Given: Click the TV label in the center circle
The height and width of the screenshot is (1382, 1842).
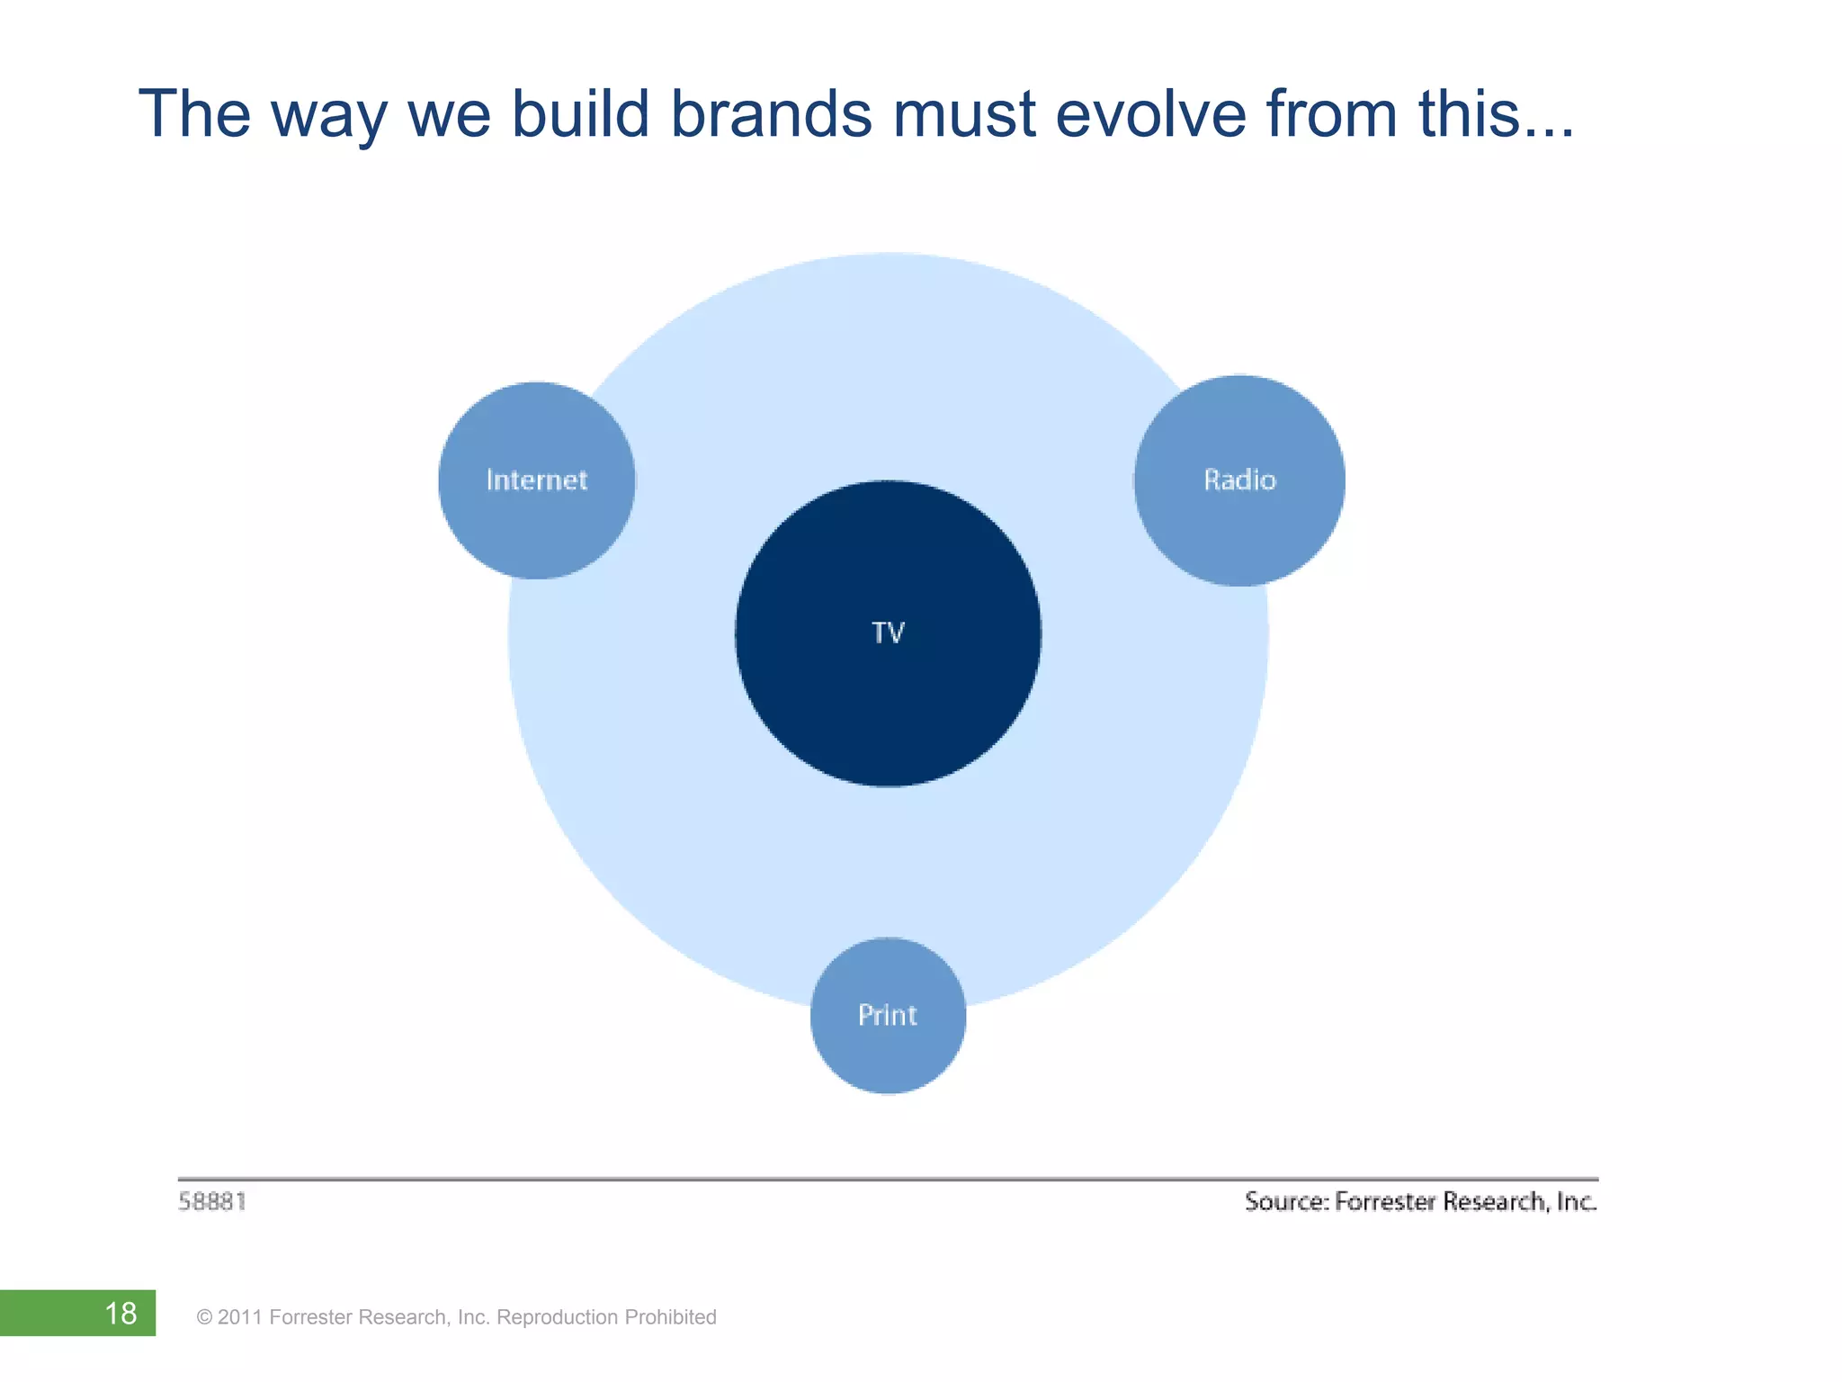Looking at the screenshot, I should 888,633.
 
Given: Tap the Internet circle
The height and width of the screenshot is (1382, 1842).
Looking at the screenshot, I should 537,480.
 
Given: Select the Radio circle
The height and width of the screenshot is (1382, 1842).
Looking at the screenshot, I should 1239,480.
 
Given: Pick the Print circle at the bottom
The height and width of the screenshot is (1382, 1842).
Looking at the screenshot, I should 888,1015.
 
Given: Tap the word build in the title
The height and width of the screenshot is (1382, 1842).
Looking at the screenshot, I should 580,114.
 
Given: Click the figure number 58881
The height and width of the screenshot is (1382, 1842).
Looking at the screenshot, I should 212,1202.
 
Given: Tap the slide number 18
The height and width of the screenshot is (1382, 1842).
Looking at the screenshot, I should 121,1314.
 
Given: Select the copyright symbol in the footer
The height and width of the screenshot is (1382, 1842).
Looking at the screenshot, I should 204,1318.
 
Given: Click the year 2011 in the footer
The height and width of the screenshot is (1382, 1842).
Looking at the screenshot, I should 240,1317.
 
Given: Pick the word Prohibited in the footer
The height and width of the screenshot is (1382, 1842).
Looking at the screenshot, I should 670,1317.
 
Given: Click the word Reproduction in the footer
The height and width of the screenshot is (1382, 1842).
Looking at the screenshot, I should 557,1317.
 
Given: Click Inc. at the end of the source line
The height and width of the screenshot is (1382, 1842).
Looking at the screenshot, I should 1576,1202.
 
